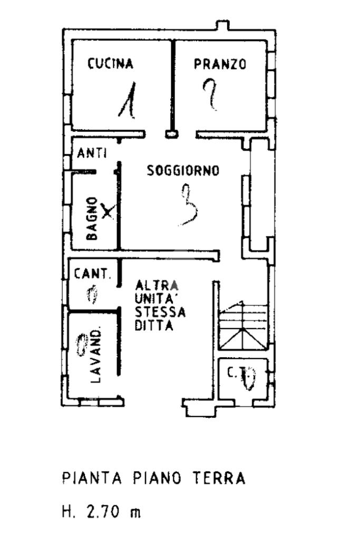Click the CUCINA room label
coord(110,64)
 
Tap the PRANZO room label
coord(220,64)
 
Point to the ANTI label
coord(92,154)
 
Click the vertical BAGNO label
coord(92,219)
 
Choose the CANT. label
coord(92,274)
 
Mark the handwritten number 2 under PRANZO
coord(211,94)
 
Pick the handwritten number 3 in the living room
coord(189,205)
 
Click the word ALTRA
coord(157,286)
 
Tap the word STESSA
coord(160,312)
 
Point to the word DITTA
coord(154,326)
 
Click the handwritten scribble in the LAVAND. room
coord(82,345)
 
